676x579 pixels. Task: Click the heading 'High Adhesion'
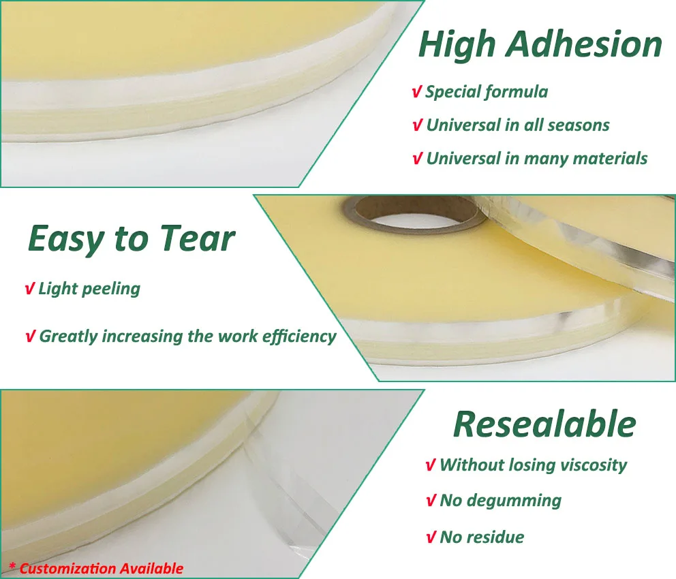pos(540,45)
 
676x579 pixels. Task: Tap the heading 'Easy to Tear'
pos(132,238)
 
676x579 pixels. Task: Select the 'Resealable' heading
pos(544,424)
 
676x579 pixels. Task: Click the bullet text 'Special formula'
pos(487,91)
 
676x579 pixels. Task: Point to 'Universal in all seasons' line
pos(517,125)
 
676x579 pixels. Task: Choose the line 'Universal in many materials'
pos(536,159)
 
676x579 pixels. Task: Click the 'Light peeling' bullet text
pos(89,288)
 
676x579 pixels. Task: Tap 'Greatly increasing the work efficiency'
pos(187,336)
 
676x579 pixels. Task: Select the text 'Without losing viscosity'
pos(533,465)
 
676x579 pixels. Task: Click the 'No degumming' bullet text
pos(500,501)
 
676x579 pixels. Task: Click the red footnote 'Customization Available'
pos(101,568)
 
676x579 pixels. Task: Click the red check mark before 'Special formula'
pos(416,92)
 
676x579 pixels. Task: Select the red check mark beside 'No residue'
pos(430,537)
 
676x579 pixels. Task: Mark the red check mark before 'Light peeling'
pos(29,289)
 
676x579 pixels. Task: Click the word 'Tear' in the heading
pos(197,238)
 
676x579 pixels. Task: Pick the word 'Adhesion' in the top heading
pos(585,45)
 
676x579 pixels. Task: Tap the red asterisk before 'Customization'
pos(12,567)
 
